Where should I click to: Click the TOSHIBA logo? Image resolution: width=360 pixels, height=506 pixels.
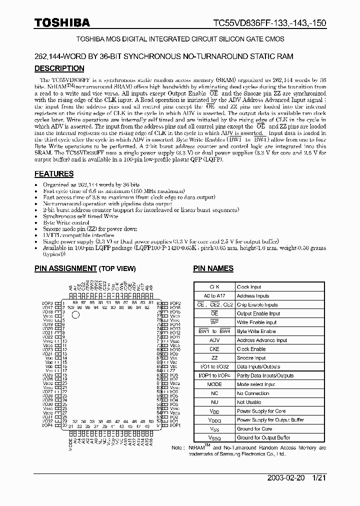pyautogui.click(x=62, y=22)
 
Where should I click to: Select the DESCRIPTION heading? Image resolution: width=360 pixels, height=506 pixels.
pyautogui.click(x=59, y=68)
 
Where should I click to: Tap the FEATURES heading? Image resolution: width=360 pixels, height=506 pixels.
pyautogui.click(x=54, y=174)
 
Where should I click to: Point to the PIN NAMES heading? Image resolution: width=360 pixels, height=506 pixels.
pyautogui.click(x=213, y=268)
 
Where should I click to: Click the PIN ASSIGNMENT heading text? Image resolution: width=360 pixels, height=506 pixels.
pyautogui.click(x=65, y=268)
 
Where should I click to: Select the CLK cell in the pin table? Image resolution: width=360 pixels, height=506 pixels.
pyautogui.click(x=214, y=287)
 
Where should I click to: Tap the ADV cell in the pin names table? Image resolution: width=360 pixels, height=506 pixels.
pyautogui.click(x=214, y=340)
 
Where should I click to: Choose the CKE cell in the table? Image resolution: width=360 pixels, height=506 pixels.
pyautogui.click(x=214, y=349)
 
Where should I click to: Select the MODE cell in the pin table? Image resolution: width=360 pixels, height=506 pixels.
pyautogui.click(x=214, y=384)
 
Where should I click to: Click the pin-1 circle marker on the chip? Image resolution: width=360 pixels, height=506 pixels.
pyautogui.click(x=75, y=315)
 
